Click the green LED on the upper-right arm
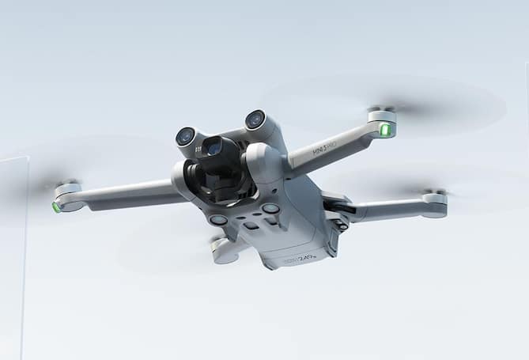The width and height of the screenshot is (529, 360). coord(386,130)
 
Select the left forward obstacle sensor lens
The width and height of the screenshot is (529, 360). coord(185,136)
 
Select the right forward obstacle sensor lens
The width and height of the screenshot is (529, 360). coord(255,119)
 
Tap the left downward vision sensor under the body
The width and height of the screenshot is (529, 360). coord(218,220)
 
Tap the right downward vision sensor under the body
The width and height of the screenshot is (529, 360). coord(270,209)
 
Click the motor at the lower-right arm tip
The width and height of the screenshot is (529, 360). coord(435,203)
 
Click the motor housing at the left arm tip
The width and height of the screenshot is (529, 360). coord(68,195)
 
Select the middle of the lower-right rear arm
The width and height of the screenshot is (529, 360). coord(387,210)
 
